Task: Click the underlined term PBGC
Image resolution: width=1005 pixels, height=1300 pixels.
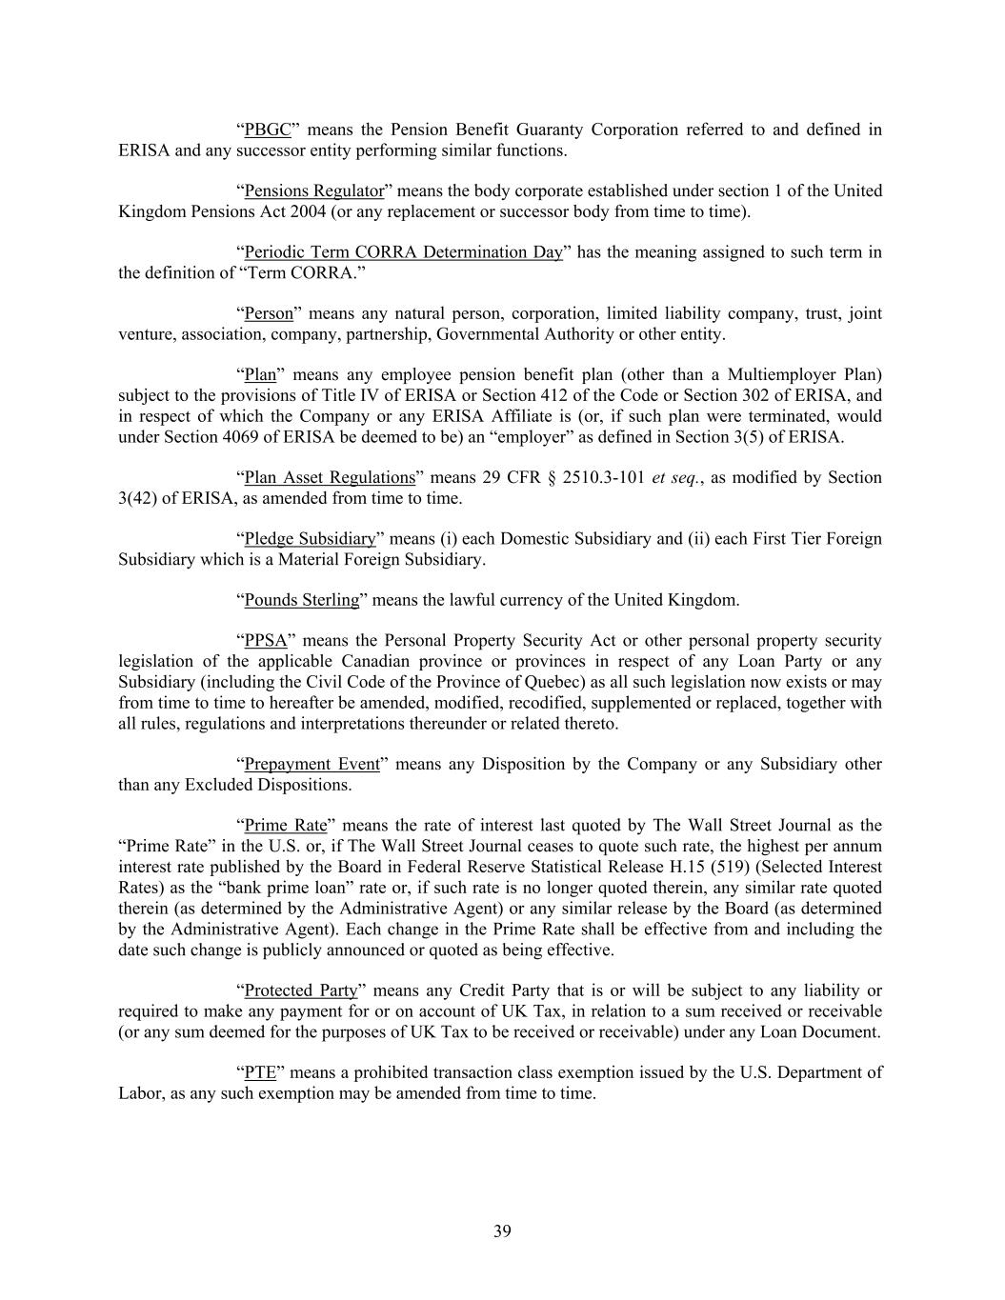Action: click(268, 130)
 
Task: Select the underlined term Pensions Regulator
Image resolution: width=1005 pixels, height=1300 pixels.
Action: click(314, 190)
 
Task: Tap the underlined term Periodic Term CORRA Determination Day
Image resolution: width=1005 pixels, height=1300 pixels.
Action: click(403, 252)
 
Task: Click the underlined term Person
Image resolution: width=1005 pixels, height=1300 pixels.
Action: click(269, 313)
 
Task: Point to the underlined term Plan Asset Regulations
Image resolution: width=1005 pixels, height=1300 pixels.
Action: click(330, 477)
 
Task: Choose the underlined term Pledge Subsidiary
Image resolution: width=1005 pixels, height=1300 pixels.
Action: click(310, 538)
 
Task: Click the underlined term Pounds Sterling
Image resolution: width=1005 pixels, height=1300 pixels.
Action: click(302, 600)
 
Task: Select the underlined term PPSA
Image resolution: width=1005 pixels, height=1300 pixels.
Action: click(266, 641)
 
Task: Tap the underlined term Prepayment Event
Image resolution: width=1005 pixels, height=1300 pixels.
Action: click(312, 764)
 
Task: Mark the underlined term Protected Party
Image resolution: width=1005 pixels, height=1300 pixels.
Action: click(300, 990)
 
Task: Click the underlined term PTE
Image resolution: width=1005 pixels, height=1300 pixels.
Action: click(260, 1072)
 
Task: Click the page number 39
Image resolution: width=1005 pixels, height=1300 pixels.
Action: click(502, 1231)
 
